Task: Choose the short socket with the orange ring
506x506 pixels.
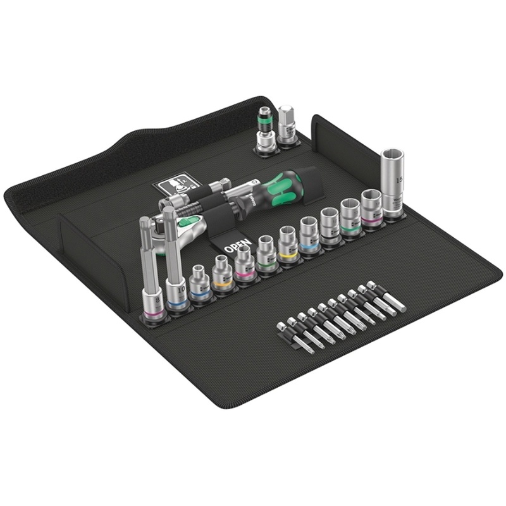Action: point(221,274)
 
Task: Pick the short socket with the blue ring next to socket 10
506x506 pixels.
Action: point(200,284)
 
